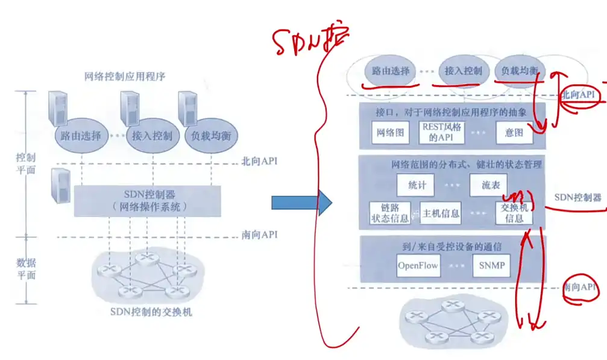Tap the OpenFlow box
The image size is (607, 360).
point(418,265)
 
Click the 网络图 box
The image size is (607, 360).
point(390,133)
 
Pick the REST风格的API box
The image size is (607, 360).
point(442,133)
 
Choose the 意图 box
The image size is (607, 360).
point(514,133)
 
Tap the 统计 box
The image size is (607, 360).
point(417,185)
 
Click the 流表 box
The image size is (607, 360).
point(488,185)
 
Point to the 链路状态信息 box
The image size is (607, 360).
point(390,212)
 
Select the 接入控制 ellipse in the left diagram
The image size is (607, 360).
point(152,135)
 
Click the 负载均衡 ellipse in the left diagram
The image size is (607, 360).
point(212,135)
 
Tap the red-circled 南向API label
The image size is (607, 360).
point(579,288)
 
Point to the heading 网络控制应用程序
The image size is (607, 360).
point(125,77)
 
